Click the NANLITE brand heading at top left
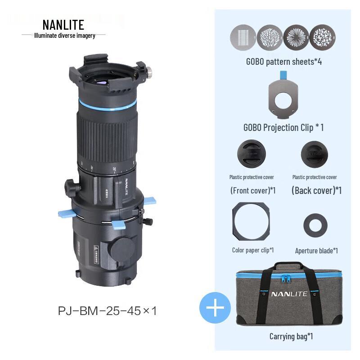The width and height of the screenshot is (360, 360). [x=63, y=25]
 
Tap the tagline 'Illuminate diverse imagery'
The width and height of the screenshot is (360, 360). [x=64, y=36]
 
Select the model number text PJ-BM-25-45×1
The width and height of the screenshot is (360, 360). [x=107, y=311]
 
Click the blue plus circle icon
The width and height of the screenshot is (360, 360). [x=215, y=308]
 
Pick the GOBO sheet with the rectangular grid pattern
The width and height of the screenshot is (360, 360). [x=243, y=37]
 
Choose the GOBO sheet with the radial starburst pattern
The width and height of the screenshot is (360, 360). [x=296, y=37]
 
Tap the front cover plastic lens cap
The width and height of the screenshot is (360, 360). [x=252, y=154]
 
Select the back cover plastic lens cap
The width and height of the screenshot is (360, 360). [x=315, y=154]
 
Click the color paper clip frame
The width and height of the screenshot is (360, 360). [x=234, y=221]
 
